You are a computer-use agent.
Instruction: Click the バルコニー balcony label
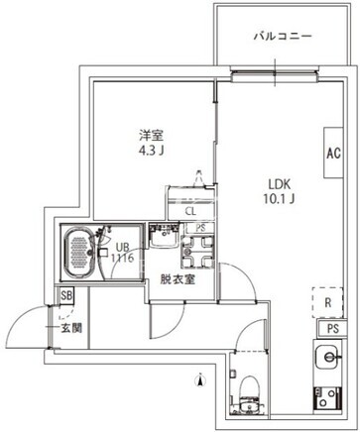(x=283, y=36)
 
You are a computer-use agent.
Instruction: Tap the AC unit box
(x=333, y=153)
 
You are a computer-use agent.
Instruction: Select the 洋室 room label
(x=151, y=135)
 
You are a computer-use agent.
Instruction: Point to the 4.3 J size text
(x=152, y=151)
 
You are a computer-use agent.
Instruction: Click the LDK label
(x=280, y=184)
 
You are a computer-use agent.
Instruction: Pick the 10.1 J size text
(x=280, y=199)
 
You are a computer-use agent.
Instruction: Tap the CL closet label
(x=190, y=211)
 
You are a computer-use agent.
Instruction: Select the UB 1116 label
(x=122, y=253)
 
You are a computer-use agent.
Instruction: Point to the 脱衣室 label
(x=178, y=280)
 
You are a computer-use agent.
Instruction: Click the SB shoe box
(x=66, y=295)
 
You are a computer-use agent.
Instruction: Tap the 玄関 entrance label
(x=71, y=328)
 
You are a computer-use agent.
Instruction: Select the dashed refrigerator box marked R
(x=328, y=302)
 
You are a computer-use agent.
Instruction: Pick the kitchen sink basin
(x=327, y=357)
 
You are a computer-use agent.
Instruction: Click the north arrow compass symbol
(x=200, y=379)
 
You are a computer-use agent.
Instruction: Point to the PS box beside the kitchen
(x=333, y=329)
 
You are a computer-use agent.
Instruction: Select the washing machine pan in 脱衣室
(x=197, y=252)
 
